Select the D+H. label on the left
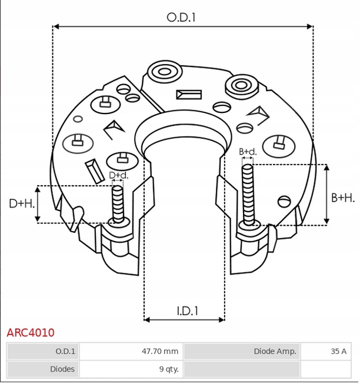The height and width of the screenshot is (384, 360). click(x=22, y=203)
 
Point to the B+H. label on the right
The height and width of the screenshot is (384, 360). click(x=343, y=198)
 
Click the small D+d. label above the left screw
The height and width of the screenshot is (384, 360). click(x=119, y=175)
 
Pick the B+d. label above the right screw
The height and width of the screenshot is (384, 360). click(x=248, y=152)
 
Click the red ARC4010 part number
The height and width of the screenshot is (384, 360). click(x=31, y=333)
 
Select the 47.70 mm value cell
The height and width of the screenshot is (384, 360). click(x=159, y=351)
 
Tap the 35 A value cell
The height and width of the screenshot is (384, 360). click(x=338, y=351)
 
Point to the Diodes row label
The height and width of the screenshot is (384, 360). click(x=63, y=369)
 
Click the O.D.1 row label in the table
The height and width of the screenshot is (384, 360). click(x=65, y=351)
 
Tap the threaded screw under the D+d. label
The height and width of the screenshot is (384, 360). click(x=118, y=205)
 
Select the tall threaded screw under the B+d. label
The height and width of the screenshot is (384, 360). click(x=248, y=194)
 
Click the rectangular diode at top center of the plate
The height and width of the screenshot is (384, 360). click(x=189, y=95)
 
